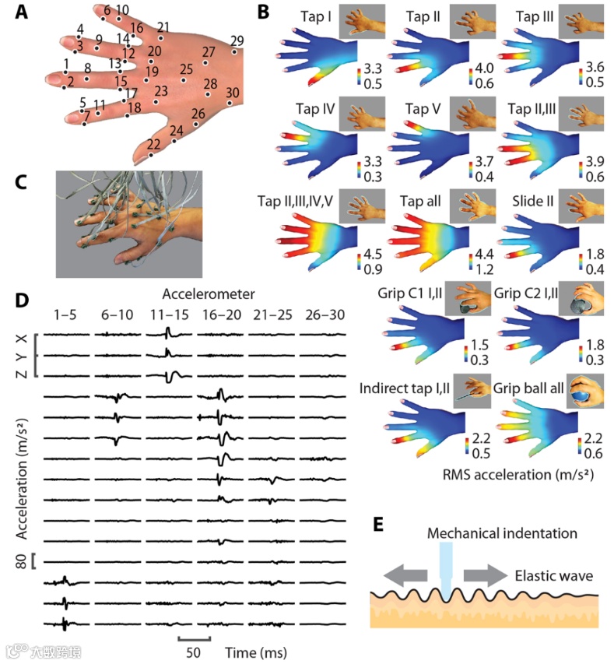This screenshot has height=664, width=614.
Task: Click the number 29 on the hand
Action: coord(237,40)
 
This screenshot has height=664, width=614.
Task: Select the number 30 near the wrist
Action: coord(232,92)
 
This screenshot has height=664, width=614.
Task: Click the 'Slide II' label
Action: coord(533,202)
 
